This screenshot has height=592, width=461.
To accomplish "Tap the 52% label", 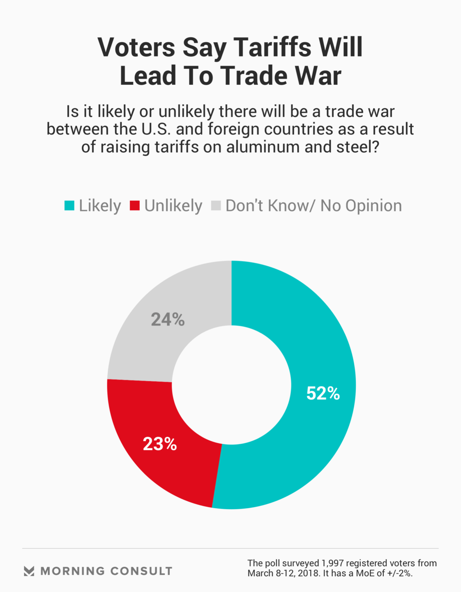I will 323,393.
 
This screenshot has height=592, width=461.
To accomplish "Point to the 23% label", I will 160,444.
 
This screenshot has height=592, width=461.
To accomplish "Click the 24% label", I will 167,319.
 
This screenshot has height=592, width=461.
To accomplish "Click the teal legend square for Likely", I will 69,206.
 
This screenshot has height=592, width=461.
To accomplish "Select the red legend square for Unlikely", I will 135,206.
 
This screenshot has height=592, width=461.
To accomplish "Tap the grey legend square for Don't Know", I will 216,206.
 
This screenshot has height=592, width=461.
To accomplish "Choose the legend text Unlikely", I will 173,206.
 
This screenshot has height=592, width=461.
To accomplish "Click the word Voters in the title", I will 136,48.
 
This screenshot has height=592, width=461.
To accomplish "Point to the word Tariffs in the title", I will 273,48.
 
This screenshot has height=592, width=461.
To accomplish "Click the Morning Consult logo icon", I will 29,571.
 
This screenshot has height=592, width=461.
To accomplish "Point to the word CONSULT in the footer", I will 141,571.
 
